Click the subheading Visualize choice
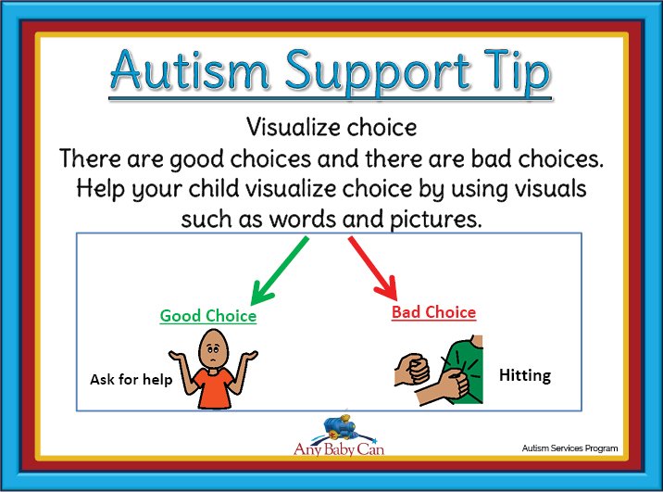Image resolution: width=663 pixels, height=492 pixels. click(331, 127)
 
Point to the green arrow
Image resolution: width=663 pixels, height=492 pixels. click(280, 271)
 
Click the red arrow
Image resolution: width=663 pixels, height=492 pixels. click(373, 269)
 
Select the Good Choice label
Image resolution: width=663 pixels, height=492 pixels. click(208, 316)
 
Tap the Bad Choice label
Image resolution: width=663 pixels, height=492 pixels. click(434, 312)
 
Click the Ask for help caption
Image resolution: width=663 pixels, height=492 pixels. click(131, 380)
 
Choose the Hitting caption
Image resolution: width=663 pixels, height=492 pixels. click(525, 375)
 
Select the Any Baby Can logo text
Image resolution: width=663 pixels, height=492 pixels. click(339, 448)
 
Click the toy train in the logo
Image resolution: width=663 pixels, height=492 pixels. click(341, 426)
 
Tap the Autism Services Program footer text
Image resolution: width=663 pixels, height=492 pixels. click(569, 448)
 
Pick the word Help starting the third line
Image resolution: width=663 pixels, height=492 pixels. click(101, 189)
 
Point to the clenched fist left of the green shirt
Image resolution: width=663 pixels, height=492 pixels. click(411, 370)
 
